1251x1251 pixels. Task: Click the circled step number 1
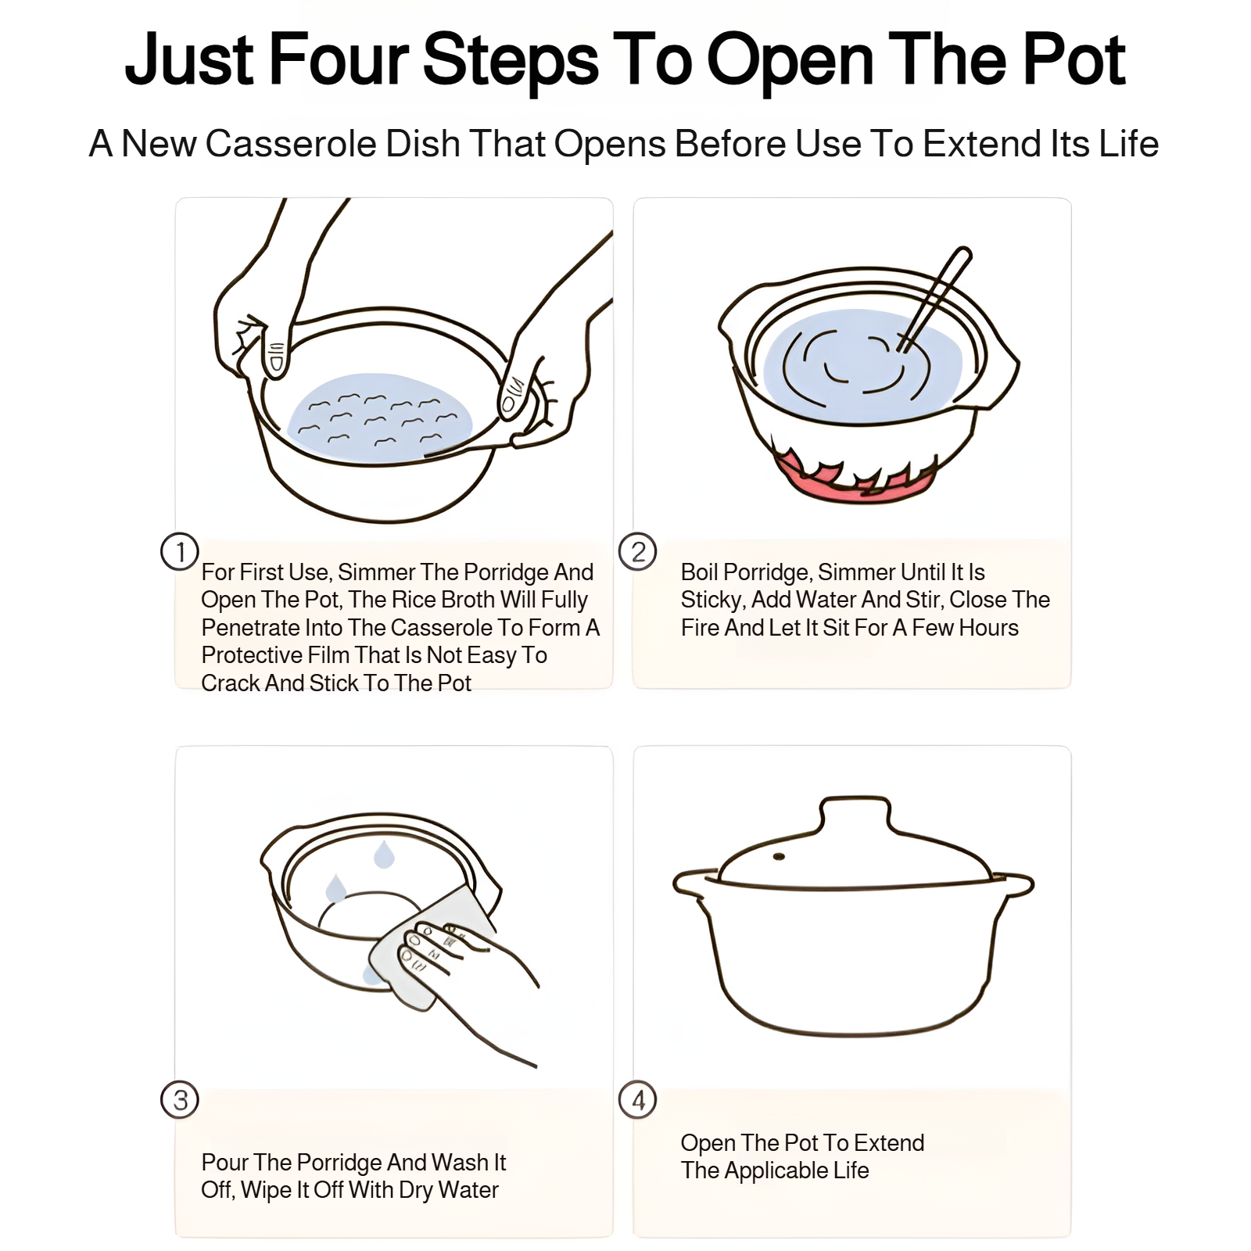(180, 551)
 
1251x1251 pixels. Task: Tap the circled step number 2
(638, 551)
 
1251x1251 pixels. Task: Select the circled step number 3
(180, 1099)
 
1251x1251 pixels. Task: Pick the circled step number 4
(638, 1099)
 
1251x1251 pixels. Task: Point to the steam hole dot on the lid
(779, 857)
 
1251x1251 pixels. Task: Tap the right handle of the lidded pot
(1014, 884)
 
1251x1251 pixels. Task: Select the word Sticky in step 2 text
(712, 600)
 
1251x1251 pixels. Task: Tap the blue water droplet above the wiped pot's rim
(383, 854)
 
